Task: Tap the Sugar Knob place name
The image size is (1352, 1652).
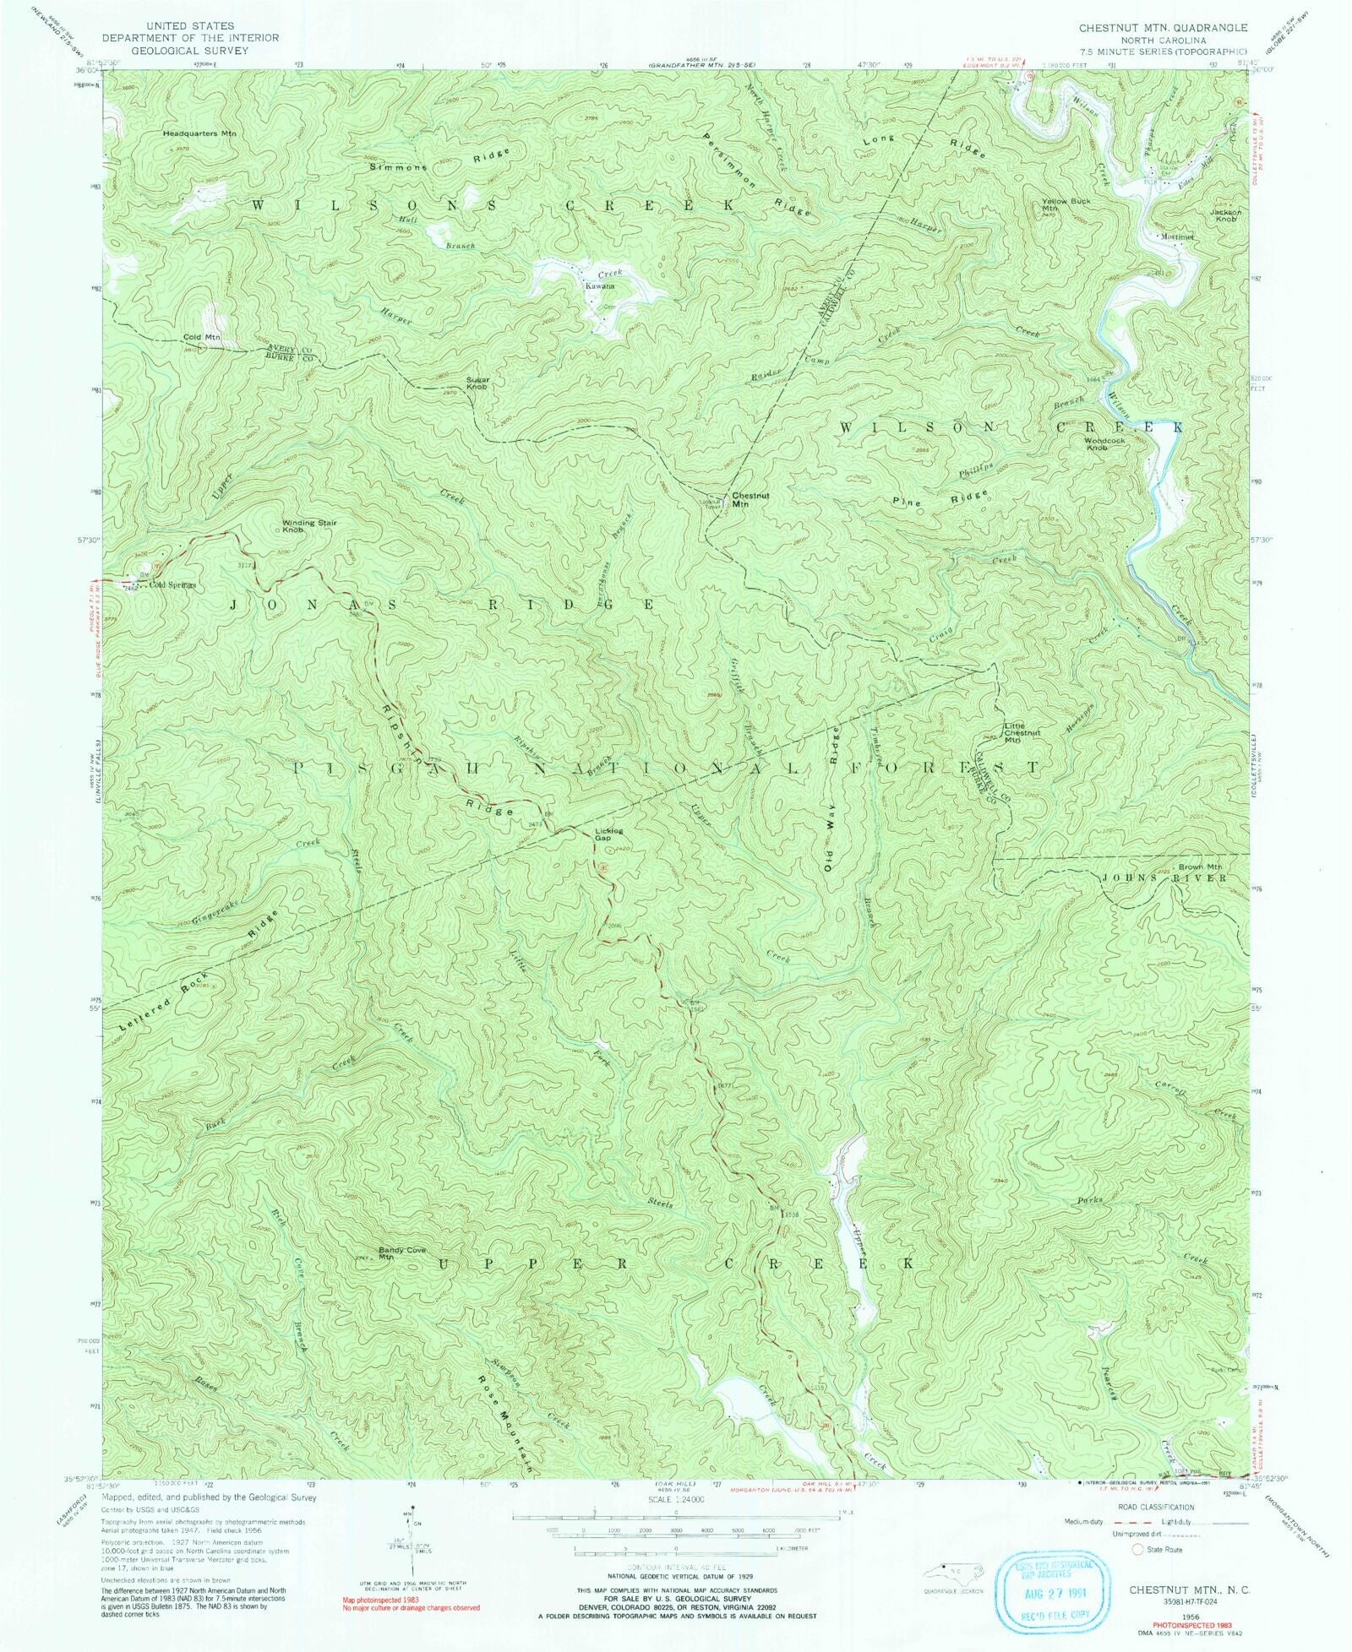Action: point(477,383)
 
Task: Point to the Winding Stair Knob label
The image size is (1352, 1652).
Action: point(308,526)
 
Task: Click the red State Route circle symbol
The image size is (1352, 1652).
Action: point(1137,1549)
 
